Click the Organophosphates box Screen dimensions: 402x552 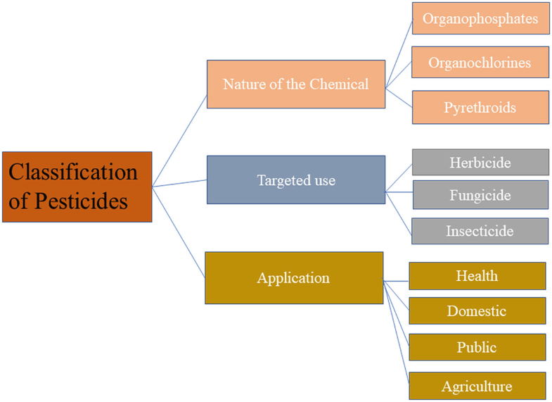tap(480, 19)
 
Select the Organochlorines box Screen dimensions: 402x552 tap(480, 63)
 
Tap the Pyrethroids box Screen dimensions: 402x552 tap(480, 107)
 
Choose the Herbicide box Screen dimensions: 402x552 tap(480, 163)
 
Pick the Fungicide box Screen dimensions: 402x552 tap(480, 194)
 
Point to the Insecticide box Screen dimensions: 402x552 tap(480, 231)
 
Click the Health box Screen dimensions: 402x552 tap(477, 276)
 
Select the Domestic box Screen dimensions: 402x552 tap(477, 310)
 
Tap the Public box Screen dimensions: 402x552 tap(477, 347)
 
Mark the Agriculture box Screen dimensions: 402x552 tap(477, 386)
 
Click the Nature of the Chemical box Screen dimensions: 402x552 tap(295, 84)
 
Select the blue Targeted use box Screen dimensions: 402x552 tap(295, 180)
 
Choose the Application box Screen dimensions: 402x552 tap(293, 277)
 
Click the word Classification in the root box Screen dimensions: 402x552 tap(73, 172)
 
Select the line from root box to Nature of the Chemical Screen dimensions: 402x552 tap(179, 141)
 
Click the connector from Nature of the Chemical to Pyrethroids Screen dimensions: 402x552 tap(399, 97)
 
